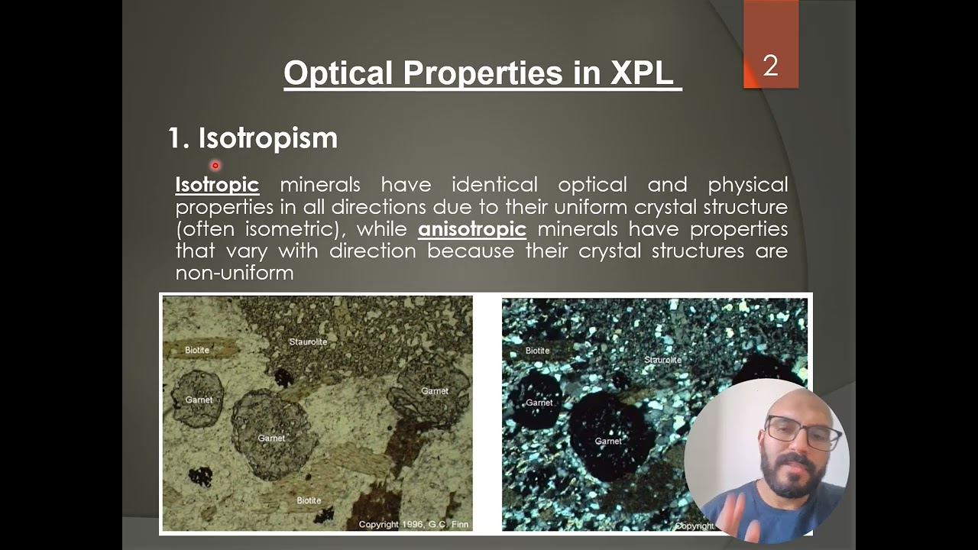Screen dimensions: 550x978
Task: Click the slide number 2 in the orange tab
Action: click(x=770, y=66)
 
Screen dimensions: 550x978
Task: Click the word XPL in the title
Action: click(x=642, y=73)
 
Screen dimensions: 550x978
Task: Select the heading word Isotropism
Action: click(x=267, y=138)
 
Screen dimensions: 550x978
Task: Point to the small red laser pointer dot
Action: click(x=215, y=165)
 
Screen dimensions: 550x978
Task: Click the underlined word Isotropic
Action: click(x=217, y=185)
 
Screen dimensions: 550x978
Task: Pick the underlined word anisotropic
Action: click(x=471, y=228)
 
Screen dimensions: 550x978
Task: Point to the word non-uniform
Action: click(x=235, y=273)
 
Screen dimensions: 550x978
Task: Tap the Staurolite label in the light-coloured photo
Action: click(x=308, y=341)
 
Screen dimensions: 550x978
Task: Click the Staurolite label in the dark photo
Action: click(x=662, y=359)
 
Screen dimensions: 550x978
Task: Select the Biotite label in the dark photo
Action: click(x=537, y=351)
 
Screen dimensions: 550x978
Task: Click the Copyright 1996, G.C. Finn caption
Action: click(x=413, y=524)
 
